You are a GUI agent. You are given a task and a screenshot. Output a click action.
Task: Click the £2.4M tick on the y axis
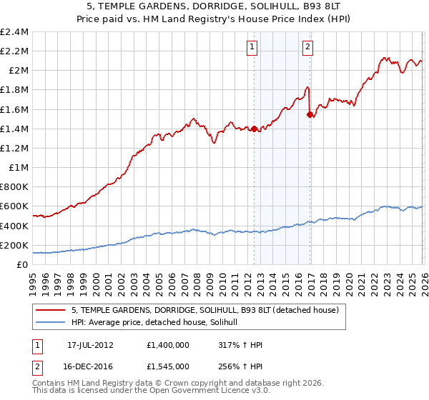click(x=14, y=32)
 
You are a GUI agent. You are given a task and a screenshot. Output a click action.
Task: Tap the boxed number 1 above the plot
click(x=253, y=48)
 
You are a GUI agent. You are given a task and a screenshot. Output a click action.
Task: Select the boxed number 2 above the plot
click(x=307, y=48)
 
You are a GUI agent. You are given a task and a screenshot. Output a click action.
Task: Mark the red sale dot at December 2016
click(x=309, y=114)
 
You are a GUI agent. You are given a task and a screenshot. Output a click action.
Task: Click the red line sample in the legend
click(x=51, y=310)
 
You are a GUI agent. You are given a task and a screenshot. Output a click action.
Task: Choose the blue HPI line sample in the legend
click(x=51, y=323)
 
